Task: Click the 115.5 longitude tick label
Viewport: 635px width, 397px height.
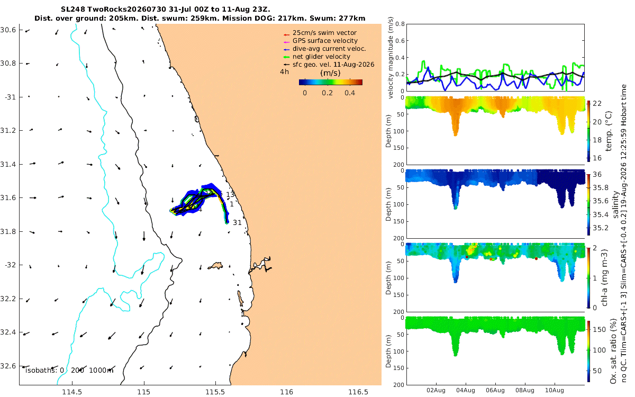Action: (215, 392)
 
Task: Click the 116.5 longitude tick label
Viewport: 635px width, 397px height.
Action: (358, 392)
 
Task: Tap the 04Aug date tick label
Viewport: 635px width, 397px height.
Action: (466, 390)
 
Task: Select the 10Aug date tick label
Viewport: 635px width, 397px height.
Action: (555, 390)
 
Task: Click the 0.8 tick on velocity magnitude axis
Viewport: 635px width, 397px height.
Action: (400, 24)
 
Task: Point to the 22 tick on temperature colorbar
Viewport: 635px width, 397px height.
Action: (597, 104)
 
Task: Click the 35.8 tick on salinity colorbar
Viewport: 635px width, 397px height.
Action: (601, 187)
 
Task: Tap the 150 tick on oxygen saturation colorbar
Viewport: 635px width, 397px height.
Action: (599, 329)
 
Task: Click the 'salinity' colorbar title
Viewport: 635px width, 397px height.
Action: (615, 205)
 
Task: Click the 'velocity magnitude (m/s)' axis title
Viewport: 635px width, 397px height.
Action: (391, 58)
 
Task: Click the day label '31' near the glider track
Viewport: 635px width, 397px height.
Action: (237, 223)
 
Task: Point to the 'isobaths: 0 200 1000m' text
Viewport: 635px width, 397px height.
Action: (69, 371)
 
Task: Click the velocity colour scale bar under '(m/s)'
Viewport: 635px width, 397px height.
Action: (331, 82)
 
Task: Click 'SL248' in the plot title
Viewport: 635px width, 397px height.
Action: (73, 10)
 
